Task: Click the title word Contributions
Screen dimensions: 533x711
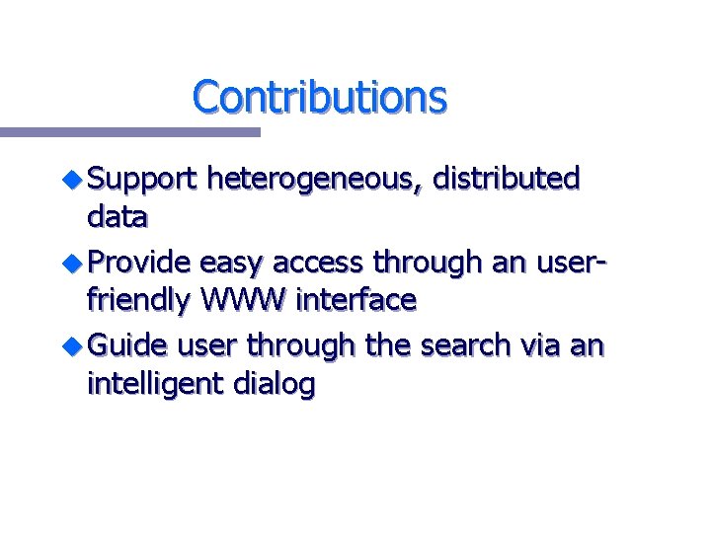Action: point(319,97)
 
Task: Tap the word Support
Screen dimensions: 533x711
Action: point(142,181)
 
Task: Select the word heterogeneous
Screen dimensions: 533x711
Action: point(319,181)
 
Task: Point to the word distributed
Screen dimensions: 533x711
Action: point(508,179)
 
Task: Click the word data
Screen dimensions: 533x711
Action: point(118,215)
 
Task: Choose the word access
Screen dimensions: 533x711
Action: point(317,264)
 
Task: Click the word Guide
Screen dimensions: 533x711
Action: point(128,345)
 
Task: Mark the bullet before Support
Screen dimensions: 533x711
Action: point(75,180)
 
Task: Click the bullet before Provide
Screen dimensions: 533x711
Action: point(75,263)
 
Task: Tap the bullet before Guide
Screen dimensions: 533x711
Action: point(75,345)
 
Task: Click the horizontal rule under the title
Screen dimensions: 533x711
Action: point(129,131)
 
